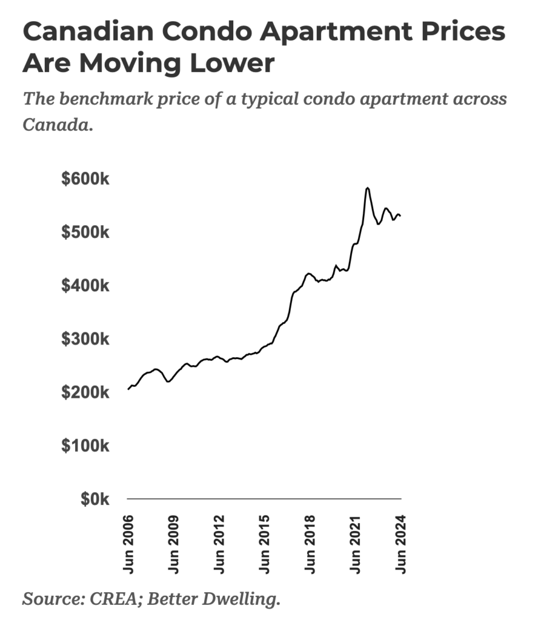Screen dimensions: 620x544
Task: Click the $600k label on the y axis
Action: click(85, 180)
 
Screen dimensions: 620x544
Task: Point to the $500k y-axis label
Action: click(85, 232)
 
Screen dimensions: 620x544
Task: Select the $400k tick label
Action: click(85, 286)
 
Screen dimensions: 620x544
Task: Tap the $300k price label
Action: click(85, 339)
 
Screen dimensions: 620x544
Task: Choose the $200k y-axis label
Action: click(85, 392)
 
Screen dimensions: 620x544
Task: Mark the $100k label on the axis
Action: click(85, 446)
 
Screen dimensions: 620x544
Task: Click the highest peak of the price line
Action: click(367, 188)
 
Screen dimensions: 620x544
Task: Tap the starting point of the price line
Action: click(128, 389)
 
